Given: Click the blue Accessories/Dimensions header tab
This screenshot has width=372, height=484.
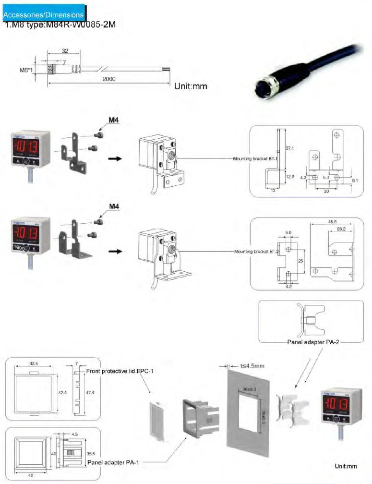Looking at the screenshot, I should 44,15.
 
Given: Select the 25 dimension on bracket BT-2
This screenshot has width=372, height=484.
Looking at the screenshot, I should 300,261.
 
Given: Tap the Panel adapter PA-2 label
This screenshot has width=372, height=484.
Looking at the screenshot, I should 312,342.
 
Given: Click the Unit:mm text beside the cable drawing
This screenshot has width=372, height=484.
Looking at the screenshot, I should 191,87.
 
